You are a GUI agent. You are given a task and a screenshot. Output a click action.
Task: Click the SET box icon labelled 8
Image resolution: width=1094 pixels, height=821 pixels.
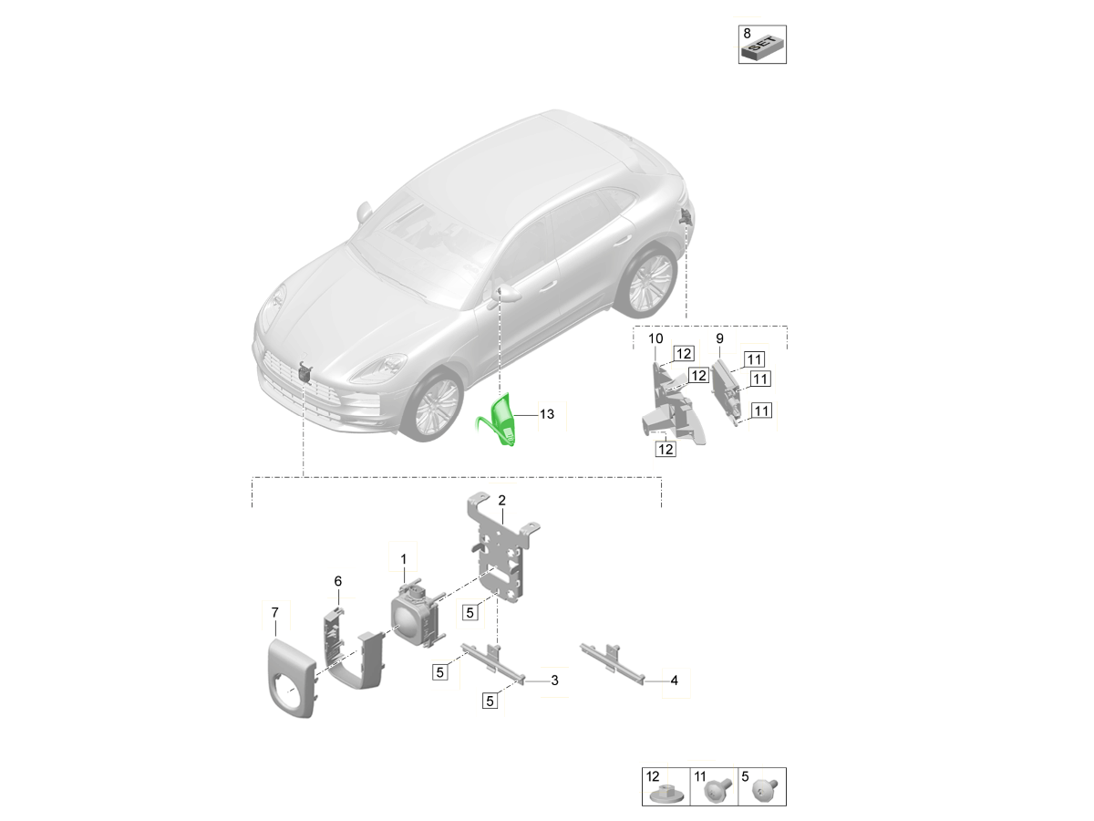pos(762,50)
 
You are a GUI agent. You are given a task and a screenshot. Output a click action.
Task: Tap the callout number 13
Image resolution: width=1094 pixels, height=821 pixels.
pos(547,414)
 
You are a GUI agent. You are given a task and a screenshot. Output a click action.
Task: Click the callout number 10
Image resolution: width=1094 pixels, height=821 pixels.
pos(655,338)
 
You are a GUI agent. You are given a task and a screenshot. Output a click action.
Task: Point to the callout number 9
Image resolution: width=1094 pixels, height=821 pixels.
pos(719,338)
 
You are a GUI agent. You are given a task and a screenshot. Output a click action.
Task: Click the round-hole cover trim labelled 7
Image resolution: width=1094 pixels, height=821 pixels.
pos(291,680)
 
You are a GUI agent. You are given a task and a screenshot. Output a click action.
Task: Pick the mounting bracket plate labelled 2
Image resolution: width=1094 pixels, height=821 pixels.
pos(501,548)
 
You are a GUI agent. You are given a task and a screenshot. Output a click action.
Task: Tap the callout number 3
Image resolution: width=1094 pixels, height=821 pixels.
pos(554,680)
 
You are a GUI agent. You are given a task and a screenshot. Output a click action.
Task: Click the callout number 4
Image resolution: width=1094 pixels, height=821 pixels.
pos(674,680)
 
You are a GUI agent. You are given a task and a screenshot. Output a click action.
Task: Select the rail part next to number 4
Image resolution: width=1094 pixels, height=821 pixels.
pos(613,664)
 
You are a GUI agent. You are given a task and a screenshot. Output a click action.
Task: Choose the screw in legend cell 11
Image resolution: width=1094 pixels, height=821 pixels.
pos(717,793)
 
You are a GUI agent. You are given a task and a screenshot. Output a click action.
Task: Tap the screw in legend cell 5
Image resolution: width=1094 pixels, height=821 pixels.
pos(764,793)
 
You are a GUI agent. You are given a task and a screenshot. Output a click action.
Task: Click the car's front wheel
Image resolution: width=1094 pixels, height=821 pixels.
pos(435,405)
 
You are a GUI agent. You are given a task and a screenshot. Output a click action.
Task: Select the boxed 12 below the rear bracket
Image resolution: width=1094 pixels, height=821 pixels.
pos(666,449)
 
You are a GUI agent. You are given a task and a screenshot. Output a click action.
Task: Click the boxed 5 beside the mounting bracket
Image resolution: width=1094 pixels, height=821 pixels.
pos(470,611)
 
